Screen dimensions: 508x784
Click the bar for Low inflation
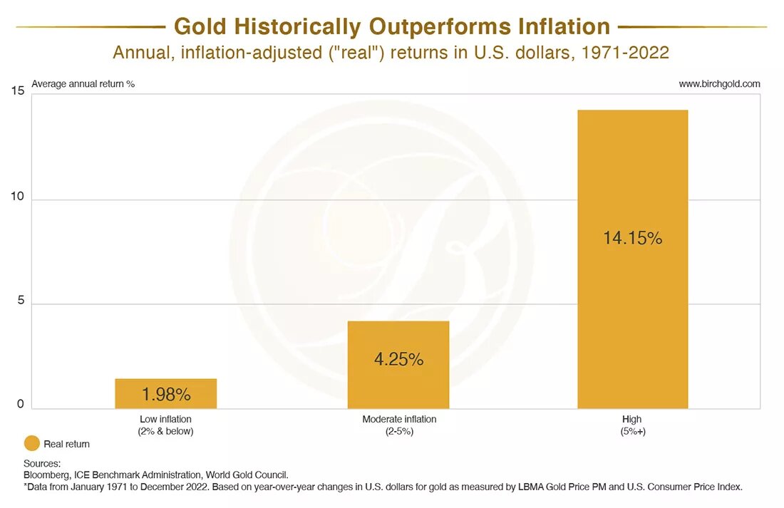(x=165, y=393)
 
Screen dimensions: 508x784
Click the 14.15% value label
(x=633, y=239)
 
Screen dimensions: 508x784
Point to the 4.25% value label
(x=398, y=360)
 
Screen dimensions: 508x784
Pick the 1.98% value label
(x=165, y=394)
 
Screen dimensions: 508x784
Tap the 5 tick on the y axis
(x=20, y=301)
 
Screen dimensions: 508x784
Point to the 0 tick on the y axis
(x=20, y=404)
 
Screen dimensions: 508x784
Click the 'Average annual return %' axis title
(x=83, y=84)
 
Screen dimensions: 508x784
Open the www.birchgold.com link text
(x=719, y=84)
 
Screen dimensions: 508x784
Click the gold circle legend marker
(x=32, y=444)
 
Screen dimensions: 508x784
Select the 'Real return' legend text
(x=67, y=444)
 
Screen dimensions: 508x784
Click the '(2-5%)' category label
(x=398, y=431)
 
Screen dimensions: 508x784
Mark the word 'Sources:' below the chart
(x=42, y=464)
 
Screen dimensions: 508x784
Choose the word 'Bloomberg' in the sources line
(x=47, y=475)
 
